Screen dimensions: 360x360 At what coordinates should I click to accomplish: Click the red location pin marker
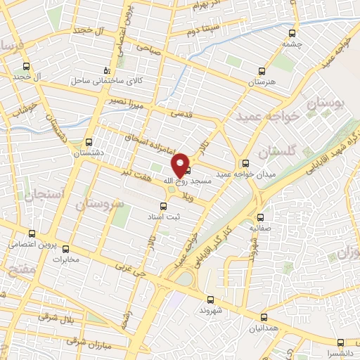pos(181,165)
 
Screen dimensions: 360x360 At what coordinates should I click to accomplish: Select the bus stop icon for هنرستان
pos(262,71)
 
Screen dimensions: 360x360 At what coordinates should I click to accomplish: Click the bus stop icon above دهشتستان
pos(89,141)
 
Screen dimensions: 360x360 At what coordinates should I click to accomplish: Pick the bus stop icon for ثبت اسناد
pos(163,206)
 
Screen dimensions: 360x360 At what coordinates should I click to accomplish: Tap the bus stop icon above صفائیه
pos(260,217)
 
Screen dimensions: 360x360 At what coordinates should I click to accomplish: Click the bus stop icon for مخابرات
pos(66,248)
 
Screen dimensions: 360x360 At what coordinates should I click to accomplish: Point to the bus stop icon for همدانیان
pos(264,317)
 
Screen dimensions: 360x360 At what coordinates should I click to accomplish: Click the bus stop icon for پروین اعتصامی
pos(32,234)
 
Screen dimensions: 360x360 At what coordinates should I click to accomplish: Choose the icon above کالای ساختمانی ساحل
pos(106,70)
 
